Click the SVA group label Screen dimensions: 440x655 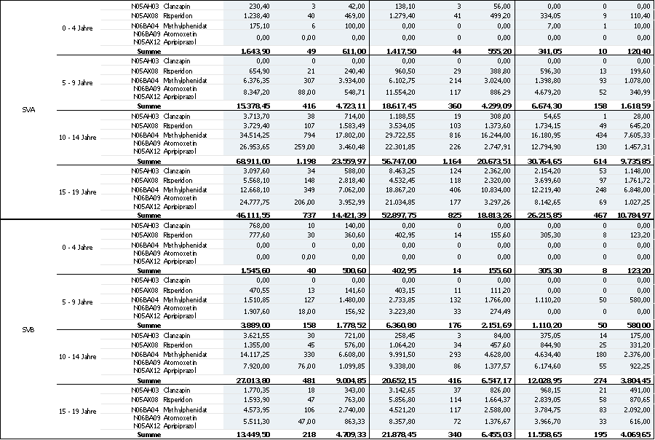point(31,110)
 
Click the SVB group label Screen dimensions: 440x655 point(31,329)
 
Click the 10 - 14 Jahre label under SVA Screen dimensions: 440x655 point(79,137)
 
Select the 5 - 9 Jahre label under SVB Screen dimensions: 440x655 point(79,302)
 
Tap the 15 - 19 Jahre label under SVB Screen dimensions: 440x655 point(79,412)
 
